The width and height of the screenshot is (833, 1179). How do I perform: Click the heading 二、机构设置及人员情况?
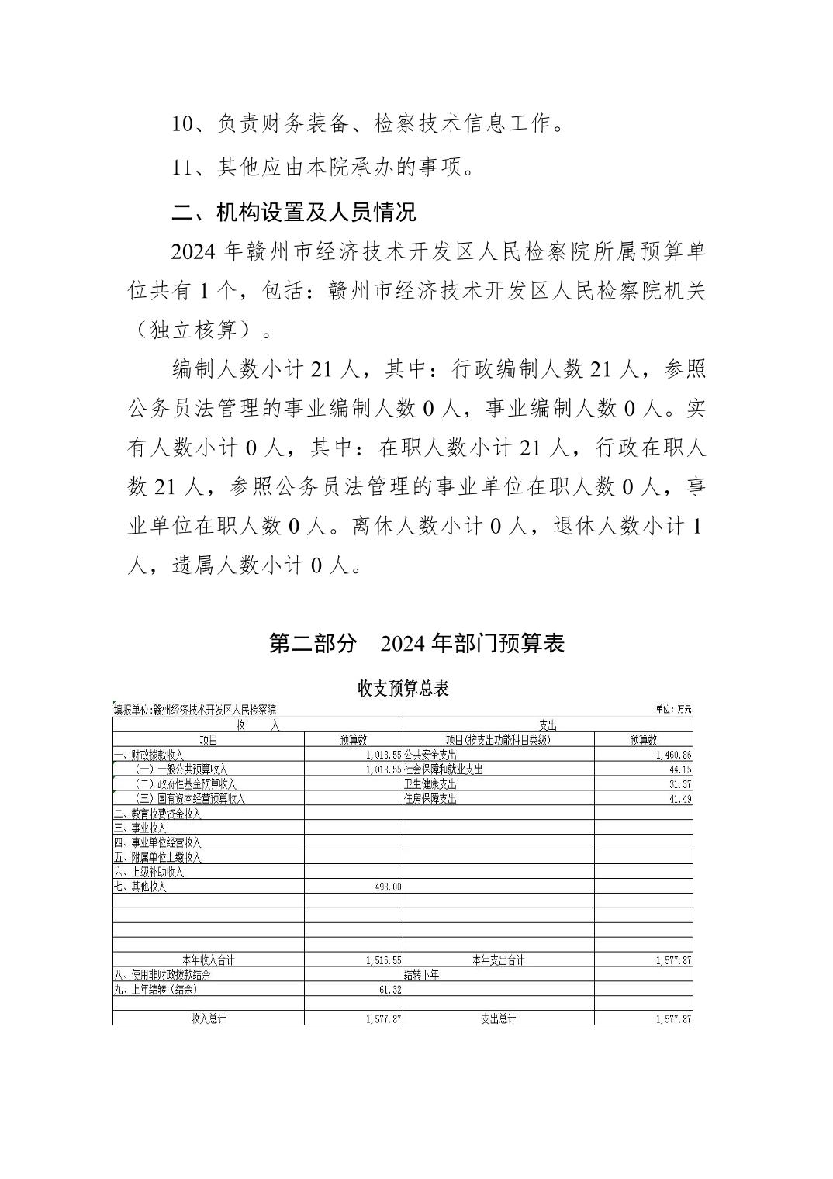(294, 211)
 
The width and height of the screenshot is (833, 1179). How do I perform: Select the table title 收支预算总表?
(403, 688)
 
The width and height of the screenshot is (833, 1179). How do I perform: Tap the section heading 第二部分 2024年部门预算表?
(416, 643)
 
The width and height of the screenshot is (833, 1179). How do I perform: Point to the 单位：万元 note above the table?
(673, 709)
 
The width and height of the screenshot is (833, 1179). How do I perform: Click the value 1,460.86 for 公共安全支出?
(673, 755)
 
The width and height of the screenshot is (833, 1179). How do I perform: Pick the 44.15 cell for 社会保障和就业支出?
(680, 769)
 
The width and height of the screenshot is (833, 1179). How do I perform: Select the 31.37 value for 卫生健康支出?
(680, 784)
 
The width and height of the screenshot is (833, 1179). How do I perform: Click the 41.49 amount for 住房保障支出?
(680, 799)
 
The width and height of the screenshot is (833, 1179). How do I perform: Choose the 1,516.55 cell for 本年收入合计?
(383, 960)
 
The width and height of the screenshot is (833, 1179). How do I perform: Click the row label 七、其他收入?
(140, 887)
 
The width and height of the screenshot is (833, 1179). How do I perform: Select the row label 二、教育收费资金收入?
(157, 814)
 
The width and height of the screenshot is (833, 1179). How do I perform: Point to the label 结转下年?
(422, 975)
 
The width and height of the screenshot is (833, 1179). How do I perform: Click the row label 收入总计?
(208, 1019)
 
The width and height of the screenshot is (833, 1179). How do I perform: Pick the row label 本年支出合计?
(498, 960)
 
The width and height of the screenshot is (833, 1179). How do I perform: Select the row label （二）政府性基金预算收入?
(186, 784)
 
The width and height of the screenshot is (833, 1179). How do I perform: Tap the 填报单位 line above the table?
(195, 709)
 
